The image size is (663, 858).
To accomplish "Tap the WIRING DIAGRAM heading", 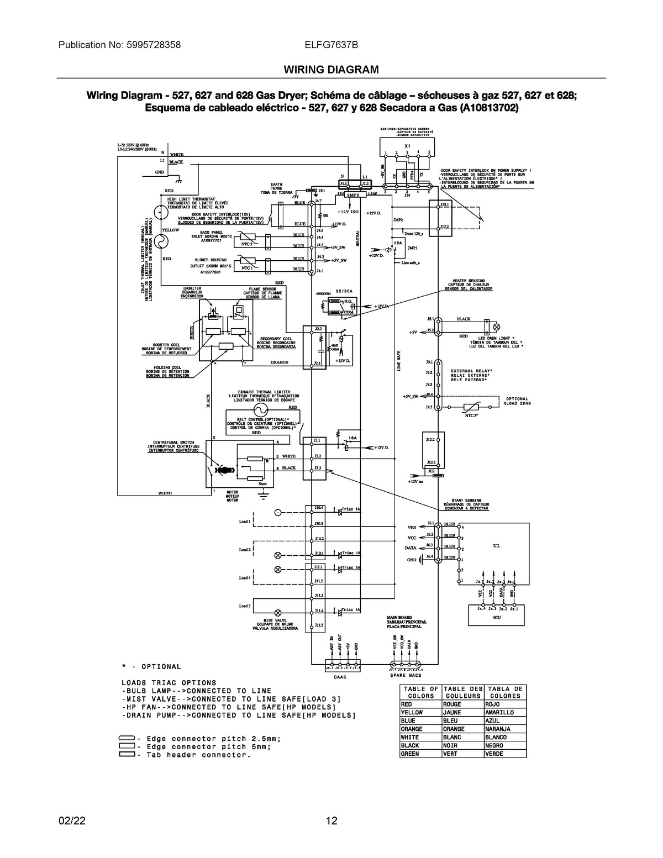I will (x=331, y=70).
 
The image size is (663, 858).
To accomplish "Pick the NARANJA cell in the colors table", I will (x=497, y=729).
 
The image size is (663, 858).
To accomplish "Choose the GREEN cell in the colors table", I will (x=410, y=754).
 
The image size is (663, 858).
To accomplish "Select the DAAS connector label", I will (x=341, y=677).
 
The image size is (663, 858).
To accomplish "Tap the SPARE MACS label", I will (x=406, y=675).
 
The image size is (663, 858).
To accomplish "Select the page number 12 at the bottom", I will (x=331, y=820).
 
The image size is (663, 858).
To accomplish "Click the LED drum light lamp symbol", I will (x=487, y=324).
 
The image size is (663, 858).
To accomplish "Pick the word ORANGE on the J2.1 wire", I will (x=280, y=362).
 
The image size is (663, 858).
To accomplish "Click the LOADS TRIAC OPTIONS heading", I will (x=169, y=683).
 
